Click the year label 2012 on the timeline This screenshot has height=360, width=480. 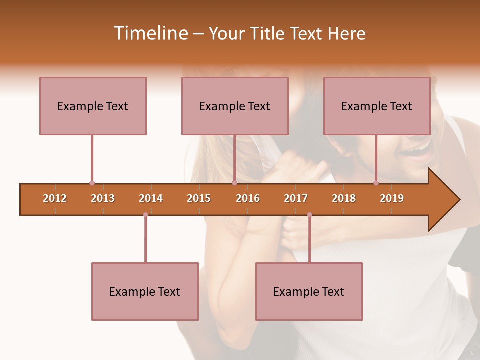(55, 198)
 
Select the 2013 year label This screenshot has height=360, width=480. (103, 198)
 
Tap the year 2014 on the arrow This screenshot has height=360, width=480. (151, 198)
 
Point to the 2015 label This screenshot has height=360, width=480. (199, 198)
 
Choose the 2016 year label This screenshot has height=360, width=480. (248, 198)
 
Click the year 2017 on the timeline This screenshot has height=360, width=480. (296, 198)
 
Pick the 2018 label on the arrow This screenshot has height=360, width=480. (344, 198)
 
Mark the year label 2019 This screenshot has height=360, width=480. (392, 198)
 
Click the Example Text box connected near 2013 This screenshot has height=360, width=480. (93, 106)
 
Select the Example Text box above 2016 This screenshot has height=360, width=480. (235, 106)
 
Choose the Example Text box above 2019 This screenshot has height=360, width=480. (377, 106)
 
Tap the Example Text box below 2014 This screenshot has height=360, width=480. (145, 291)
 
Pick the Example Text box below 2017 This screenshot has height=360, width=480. (309, 291)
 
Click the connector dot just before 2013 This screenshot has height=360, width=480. (92, 183)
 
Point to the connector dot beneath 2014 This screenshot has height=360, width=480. (145, 215)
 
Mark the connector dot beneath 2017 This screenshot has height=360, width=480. (309, 215)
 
